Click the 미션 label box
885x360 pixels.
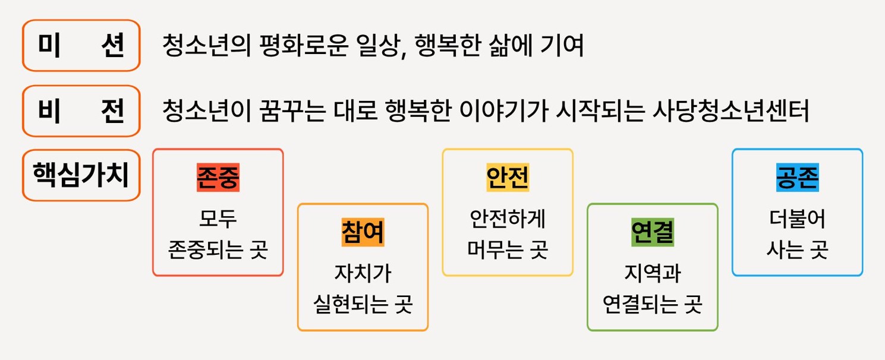pos(81,46)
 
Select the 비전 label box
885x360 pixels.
pos(81,111)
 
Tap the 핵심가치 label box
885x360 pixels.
pos(81,175)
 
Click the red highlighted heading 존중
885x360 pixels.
pos(218,176)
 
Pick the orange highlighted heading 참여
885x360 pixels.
pos(363,232)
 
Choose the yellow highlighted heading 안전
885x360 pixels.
pos(508,176)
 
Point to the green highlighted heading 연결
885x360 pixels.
pos(652,232)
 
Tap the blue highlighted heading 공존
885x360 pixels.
pos(797,176)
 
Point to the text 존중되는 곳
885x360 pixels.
pos(218,250)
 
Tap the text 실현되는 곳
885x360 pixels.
pos(363,305)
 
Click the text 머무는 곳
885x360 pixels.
pos(508,250)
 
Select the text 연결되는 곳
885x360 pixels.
pos(652,305)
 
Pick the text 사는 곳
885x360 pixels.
pos(797,250)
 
